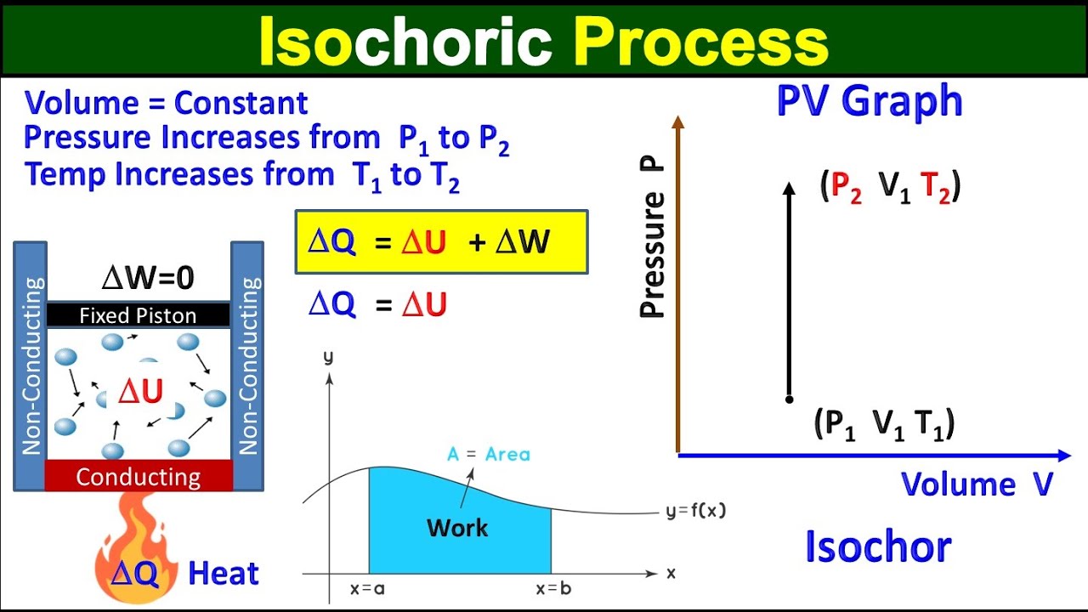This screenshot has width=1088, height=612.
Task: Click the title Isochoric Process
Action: pos(543,41)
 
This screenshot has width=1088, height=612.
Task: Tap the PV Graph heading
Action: pos(870,102)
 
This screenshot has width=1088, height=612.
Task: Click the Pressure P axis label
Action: pos(653,238)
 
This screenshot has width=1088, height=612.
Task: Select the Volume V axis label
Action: pos(977,484)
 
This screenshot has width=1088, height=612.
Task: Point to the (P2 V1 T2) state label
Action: pos(890,187)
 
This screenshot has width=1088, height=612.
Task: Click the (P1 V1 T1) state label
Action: pos(884,422)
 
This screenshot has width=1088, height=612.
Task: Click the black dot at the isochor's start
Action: pos(790,399)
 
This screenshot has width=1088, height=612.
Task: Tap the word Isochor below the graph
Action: pos(878,547)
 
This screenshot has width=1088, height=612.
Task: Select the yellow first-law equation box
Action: pos(441,242)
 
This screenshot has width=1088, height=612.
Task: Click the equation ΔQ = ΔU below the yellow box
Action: pos(377,305)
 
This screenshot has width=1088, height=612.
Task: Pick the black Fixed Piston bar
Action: pos(139,315)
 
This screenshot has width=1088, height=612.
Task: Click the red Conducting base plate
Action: pos(139,476)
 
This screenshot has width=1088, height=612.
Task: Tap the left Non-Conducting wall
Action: pos(31,365)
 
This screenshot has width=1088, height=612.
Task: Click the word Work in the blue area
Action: pos(457,528)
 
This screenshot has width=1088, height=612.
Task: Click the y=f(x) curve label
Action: pos(695,511)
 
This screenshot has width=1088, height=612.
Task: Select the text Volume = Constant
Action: pos(167,103)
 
